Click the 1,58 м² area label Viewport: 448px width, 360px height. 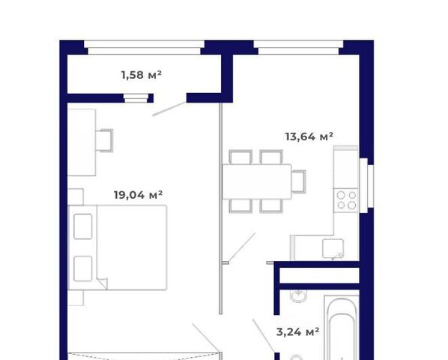click(x=142, y=75)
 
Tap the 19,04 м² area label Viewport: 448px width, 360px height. click(x=139, y=195)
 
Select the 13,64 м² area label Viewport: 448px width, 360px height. click(x=309, y=136)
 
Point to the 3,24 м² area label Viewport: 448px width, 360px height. click(x=297, y=332)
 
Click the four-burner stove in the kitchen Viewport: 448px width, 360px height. click(x=346, y=200)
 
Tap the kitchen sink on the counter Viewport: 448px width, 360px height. click(x=333, y=249)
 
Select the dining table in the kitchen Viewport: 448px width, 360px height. click(x=257, y=181)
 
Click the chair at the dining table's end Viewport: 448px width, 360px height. click(x=299, y=181)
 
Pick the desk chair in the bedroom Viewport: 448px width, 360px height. click(x=105, y=140)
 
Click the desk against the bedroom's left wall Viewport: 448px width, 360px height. click(x=82, y=142)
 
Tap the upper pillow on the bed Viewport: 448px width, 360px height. click(x=83, y=226)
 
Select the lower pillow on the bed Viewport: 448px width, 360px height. click(x=83, y=268)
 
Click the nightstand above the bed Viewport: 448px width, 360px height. click(x=76, y=196)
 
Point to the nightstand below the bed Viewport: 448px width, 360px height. click(x=76, y=298)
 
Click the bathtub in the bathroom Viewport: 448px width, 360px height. click(x=342, y=328)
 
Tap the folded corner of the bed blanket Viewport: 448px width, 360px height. click(x=103, y=283)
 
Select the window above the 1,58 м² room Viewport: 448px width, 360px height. click(x=144, y=47)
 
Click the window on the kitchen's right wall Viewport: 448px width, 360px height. click(x=367, y=185)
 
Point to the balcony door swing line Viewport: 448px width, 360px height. click(x=169, y=109)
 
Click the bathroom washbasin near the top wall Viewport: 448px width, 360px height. click(x=299, y=295)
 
